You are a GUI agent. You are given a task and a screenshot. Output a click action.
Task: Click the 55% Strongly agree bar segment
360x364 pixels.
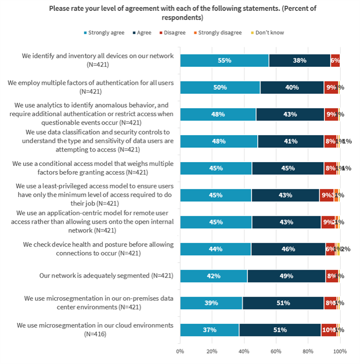point(224,61)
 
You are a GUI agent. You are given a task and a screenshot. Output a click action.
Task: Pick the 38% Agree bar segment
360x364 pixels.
point(299,61)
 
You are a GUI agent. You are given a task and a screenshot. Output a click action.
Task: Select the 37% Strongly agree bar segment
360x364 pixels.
point(209,330)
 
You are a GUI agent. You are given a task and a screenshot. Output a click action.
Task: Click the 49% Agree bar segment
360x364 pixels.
point(286,276)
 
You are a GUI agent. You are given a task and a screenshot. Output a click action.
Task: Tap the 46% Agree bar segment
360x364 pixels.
point(288,249)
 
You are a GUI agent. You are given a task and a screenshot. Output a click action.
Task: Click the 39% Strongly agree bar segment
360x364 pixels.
point(211,303)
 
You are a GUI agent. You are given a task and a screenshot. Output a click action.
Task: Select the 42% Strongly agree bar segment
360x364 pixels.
point(213,276)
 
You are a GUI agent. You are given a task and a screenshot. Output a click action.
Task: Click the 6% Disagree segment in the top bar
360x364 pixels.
point(335,61)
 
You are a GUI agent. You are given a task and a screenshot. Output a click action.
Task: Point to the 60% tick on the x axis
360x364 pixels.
point(276,351)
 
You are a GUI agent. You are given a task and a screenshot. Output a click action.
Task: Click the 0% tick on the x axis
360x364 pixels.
point(180,351)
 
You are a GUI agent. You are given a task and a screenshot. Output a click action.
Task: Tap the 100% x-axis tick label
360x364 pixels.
point(339,351)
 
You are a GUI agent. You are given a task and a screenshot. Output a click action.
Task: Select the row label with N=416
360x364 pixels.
point(95,329)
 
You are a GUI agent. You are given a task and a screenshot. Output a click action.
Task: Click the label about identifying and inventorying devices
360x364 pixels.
point(98,60)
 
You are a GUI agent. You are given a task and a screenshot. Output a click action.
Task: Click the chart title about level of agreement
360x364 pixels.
point(180,13)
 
